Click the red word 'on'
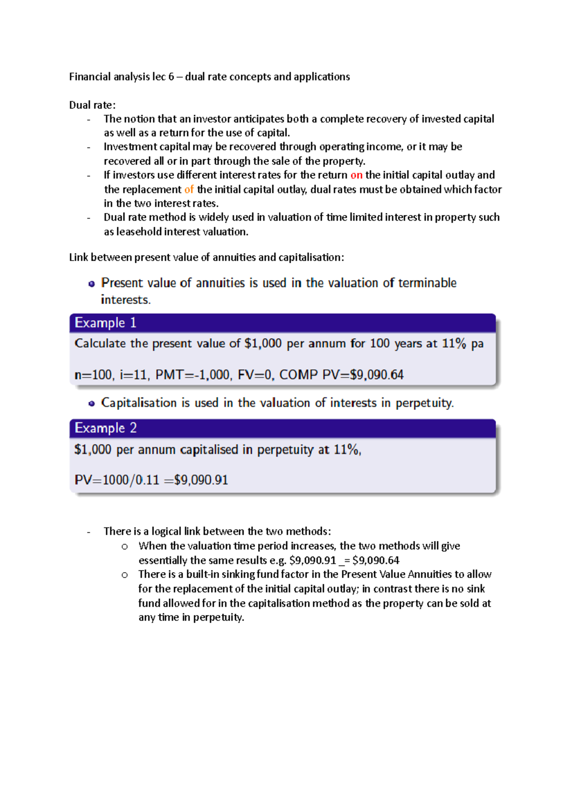(356, 175)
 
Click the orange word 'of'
(189, 190)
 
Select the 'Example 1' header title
(105, 323)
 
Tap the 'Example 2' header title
(105, 428)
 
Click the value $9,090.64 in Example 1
(377, 375)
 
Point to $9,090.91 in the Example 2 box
(201, 480)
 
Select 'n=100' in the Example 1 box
(94, 375)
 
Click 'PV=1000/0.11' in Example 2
(117, 480)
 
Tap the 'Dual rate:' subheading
(92, 105)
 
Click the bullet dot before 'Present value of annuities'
(92, 284)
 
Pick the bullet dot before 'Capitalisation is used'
(92, 404)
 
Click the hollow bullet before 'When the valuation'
(124, 546)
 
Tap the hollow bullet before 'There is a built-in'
(124, 575)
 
